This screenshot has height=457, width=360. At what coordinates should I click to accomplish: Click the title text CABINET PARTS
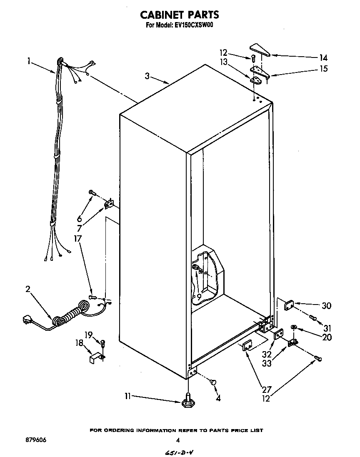179,15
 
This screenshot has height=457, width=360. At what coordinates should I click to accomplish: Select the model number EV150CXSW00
195,25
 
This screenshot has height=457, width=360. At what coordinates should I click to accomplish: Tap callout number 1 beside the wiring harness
29,61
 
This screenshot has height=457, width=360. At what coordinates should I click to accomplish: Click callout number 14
323,58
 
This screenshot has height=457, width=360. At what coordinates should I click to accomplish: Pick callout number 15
323,69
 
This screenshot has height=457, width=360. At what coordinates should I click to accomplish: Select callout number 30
326,306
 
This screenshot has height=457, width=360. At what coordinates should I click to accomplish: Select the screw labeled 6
92,193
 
